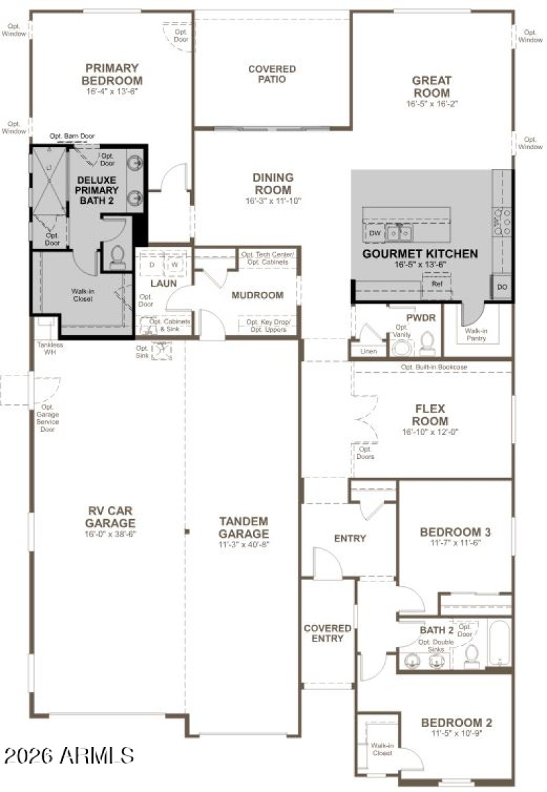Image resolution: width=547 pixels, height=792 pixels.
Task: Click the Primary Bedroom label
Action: [x=112, y=74]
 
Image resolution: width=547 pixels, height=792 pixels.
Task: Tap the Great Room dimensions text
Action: [x=431, y=105]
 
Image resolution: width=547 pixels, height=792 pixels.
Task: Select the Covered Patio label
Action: [x=272, y=74]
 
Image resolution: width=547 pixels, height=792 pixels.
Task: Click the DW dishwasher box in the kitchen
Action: [x=375, y=233]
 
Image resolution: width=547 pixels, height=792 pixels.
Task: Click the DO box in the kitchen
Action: [x=502, y=286]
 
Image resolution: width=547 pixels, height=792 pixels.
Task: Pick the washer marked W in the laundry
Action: [x=175, y=264]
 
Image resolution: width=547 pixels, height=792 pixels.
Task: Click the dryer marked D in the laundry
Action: [x=152, y=264]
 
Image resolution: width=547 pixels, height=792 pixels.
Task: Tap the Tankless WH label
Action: [x=49, y=349]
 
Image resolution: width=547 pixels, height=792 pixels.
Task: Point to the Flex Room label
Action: [x=431, y=415]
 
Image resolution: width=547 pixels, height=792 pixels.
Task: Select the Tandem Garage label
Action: [x=243, y=527]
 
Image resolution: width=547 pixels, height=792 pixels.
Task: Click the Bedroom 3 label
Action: [x=455, y=532]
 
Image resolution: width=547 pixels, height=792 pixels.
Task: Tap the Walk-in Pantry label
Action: [x=477, y=334]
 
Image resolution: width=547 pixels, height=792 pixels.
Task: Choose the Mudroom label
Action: [x=257, y=295]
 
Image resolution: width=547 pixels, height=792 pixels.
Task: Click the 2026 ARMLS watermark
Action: [x=68, y=755]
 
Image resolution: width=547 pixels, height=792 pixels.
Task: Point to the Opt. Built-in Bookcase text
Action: [x=434, y=367]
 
